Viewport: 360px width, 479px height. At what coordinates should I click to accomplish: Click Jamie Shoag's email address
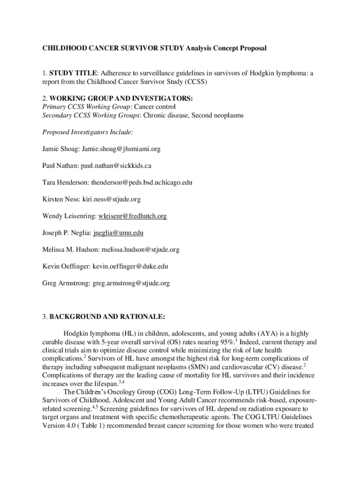pyautogui.click(x=121, y=149)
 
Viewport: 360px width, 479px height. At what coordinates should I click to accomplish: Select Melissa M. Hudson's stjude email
pyautogui.click(x=139, y=250)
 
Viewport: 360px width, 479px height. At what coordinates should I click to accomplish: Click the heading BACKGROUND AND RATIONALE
pyautogui.click(x=107, y=317)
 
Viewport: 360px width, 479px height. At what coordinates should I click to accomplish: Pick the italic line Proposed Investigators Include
pyautogui.click(x=87, y=132)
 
